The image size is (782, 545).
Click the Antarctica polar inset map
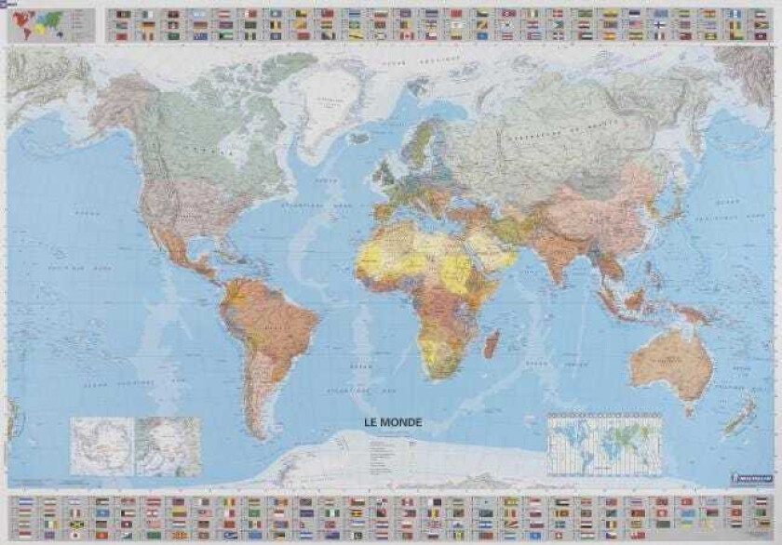click(102, 445)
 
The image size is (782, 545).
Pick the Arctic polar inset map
click(168, 445)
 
